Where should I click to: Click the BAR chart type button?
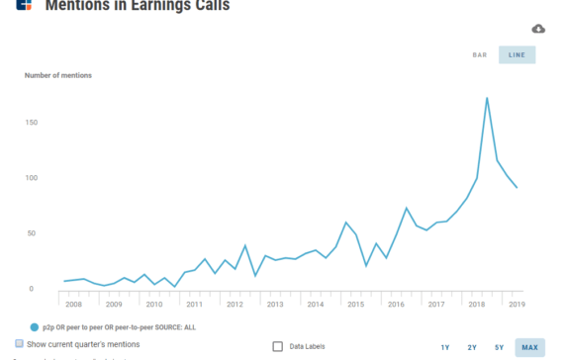(x=480, y=54)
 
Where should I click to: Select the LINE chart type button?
(x=517, y=54)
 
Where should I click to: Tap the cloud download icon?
(x=538, y=29)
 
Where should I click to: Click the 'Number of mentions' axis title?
(x=58, y=75)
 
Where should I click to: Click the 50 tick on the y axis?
(x=32, y=233)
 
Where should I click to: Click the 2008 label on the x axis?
(x=73, y=304)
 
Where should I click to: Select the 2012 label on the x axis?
(x=235, y=304)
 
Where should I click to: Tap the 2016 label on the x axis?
(x=396, y=304)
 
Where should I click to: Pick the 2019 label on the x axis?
(x=517, y=304)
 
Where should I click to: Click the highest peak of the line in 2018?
(x=487, y=98)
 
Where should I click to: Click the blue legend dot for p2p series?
(x=35, y=325)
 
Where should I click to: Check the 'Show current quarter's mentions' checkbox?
(x=20, y=344)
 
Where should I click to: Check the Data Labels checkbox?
(x=278, y=346)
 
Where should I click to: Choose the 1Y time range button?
(x=445, y=347)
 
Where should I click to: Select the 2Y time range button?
(x=472, y=347)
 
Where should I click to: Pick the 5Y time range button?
(x=500, y=347)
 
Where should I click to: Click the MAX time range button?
(x=529, y=347)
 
